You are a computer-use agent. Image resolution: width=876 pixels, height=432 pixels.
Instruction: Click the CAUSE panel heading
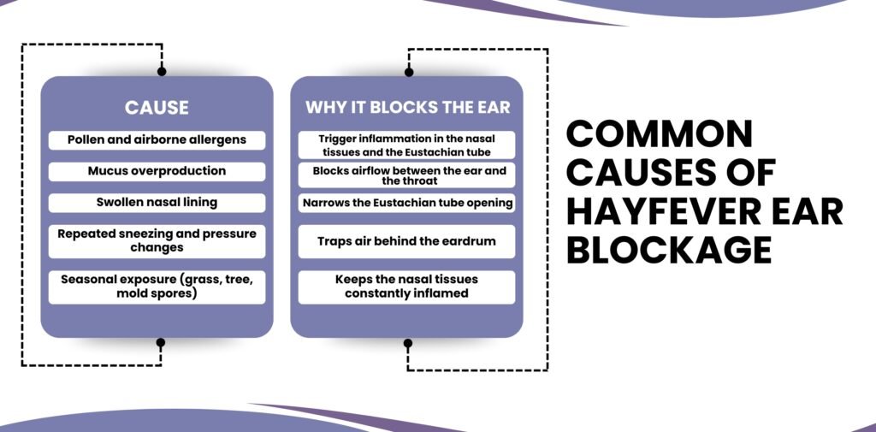pos(157,108)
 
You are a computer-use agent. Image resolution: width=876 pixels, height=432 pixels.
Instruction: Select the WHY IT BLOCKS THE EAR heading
pos(407,108)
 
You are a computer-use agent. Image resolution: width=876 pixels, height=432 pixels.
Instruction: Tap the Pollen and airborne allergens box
pos(157,140)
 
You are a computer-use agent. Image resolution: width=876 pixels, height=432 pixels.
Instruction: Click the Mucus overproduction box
pos(157,171)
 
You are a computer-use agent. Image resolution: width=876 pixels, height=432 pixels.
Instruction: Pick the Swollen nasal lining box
pos(157,203)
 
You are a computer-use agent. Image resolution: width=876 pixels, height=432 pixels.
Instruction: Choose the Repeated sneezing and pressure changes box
pos(157,240)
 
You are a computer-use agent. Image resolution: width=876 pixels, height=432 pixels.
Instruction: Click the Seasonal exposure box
pos(157,287)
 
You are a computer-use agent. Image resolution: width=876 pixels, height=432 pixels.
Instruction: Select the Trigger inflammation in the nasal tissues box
pos(407,144)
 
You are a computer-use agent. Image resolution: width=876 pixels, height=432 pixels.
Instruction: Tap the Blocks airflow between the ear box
pos(407,175)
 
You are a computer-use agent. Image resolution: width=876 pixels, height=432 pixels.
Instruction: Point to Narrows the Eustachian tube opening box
pos(407,204)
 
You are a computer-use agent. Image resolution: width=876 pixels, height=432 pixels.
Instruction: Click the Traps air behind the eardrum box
pos(407,241)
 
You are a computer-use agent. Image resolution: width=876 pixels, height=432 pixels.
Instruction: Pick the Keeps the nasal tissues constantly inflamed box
pos(407,287)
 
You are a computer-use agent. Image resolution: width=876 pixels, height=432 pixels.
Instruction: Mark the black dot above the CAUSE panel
pos(162,72)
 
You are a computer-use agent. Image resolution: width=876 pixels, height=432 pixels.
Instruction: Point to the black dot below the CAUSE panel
pos(161,342)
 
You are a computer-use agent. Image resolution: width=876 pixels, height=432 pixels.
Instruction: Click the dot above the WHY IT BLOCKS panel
pos(408,72)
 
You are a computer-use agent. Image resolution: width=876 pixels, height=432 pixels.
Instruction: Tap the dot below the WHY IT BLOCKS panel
pos(408,343)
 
